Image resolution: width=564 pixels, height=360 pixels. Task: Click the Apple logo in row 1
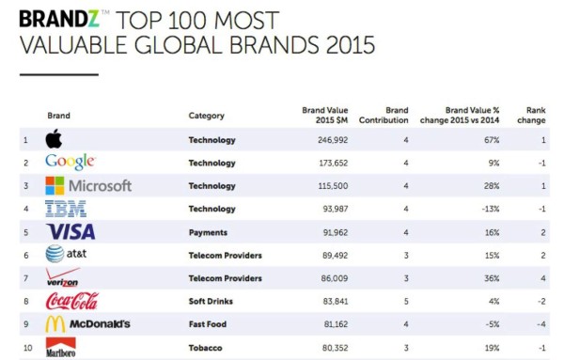pyautogui.click(x=55, y=140)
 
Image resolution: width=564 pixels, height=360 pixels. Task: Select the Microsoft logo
pyautogui.click(x=88, y=186)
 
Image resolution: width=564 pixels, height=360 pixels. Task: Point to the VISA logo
pyautogui.click(x=70, y=231)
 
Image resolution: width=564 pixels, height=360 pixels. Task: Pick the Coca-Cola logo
pyautogui.click(x=72, y=301)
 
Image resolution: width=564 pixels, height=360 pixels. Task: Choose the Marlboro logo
pyautogui.click(x=62, y=347)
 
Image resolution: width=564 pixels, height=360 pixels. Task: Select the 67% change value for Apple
pyautogui.click(x=492, y=140)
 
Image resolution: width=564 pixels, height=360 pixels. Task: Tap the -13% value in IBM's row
pyautogui.click(x=490, y=209)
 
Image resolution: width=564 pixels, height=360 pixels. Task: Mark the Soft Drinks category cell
pyautogui.click(x=213, y=301)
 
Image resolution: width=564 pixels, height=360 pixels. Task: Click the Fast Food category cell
pyautogui.click(x=209, y=323)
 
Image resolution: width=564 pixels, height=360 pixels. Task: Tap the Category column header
pyautogui.click(x=206, y=116)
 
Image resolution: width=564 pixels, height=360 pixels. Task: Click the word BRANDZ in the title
pyautogui.click(x=55, y=18)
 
